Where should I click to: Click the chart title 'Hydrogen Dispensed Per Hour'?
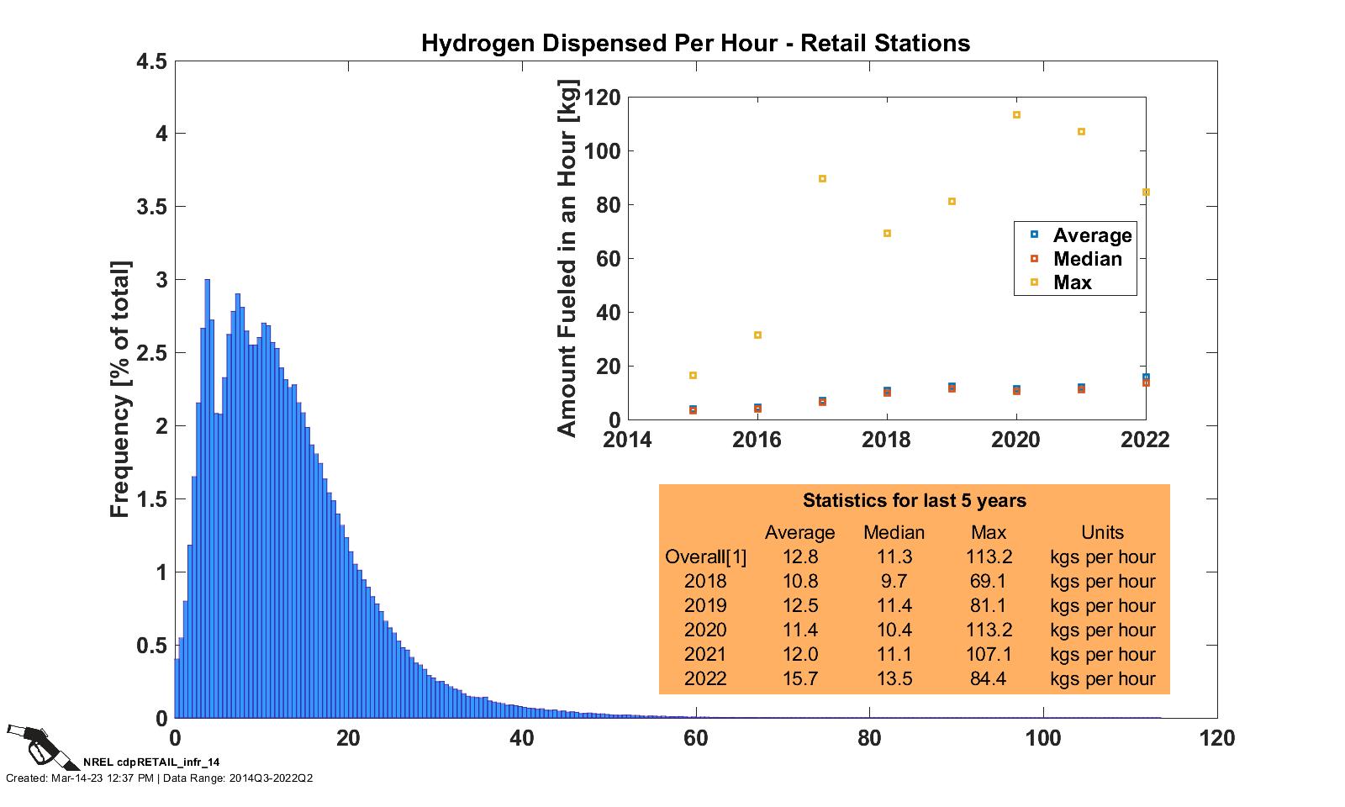[695, 43]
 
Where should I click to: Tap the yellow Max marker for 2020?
[1016, 114]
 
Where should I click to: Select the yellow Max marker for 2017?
[822, 179]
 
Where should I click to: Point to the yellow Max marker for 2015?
[693, 375]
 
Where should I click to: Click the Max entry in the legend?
[1073, 282]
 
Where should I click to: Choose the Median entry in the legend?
[1086, 259]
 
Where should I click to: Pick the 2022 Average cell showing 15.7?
[799, 678]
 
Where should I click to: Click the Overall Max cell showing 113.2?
[989, 556]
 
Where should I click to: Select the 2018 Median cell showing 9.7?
[894, 581]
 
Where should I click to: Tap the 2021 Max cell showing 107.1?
[989, 654]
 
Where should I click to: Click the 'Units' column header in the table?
[1102, 532]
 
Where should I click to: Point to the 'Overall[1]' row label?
[705, 556]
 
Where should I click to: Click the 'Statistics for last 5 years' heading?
[914, 501]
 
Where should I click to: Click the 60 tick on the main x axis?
[695, 738]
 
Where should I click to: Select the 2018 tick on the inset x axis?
[887, 440]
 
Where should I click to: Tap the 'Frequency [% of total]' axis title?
[120, 389]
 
